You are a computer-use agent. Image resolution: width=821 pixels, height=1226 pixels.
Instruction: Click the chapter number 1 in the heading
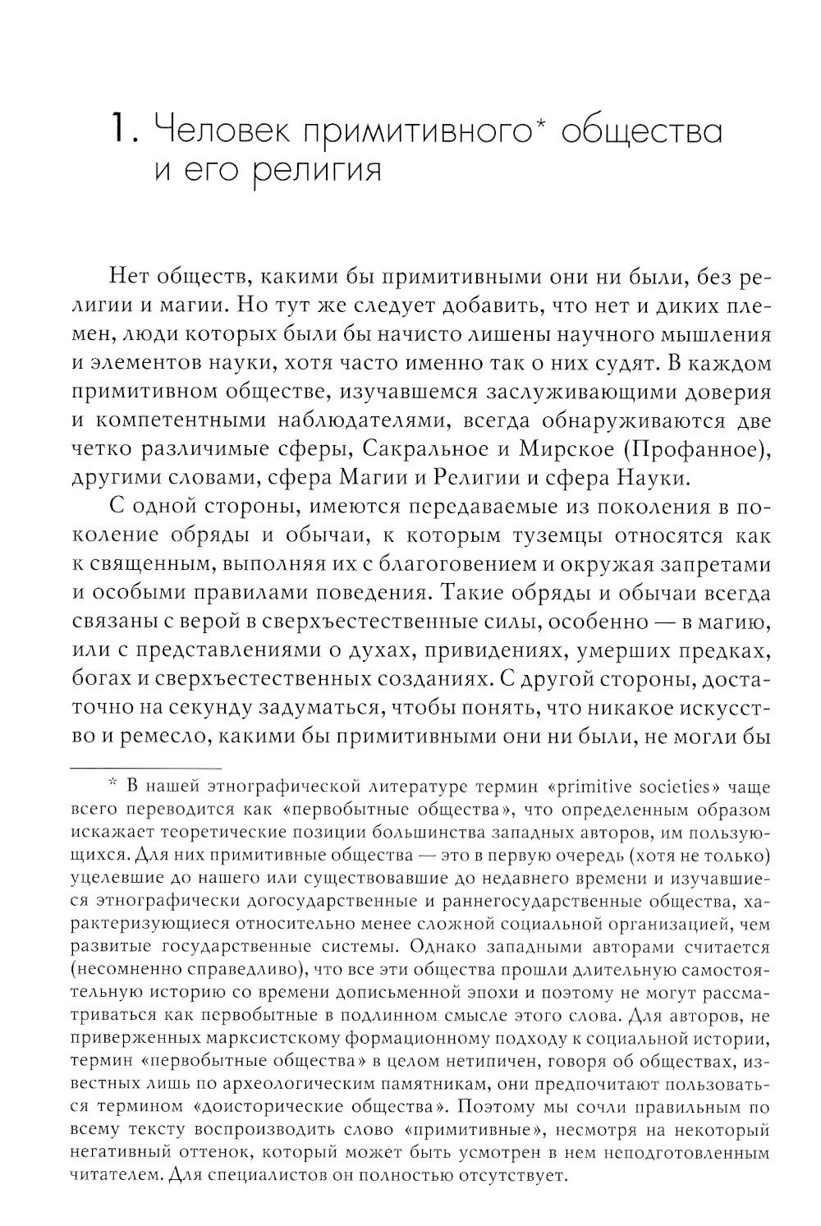[x=118, y=129]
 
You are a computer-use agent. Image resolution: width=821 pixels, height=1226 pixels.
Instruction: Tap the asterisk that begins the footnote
[x=114, y=783]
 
